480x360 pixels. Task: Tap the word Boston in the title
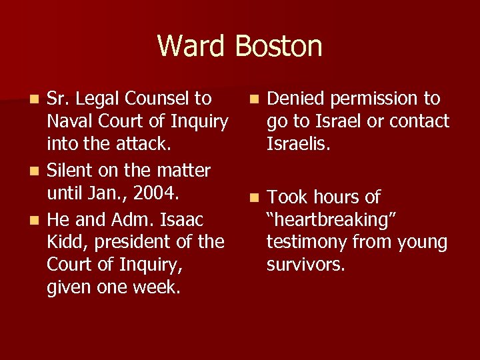(279, 46)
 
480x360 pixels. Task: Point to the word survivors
(305, 265)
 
